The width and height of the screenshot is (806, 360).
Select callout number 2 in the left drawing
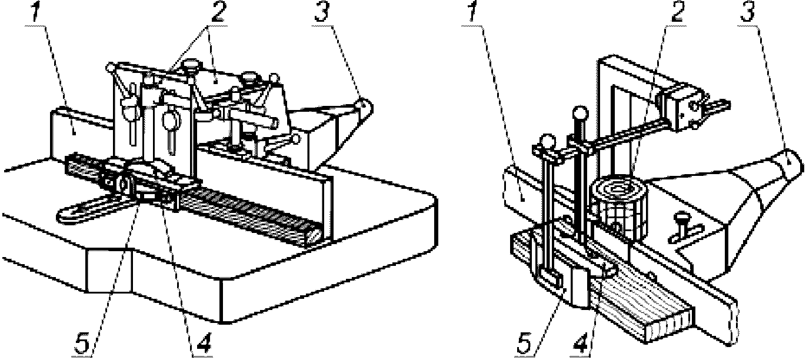(217, 12)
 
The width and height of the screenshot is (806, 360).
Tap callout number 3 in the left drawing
(322, 12)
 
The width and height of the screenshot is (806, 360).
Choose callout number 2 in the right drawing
(677, 12)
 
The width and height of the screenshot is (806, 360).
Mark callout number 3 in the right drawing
(747, 12)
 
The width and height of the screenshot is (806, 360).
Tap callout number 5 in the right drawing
(524, 344)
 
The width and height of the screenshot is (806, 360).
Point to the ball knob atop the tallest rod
(580, 113)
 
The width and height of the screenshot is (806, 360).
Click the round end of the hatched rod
(314, 236)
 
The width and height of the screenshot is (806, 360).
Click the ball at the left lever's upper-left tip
(111, 67)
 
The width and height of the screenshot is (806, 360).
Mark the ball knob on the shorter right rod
(548, 140)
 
